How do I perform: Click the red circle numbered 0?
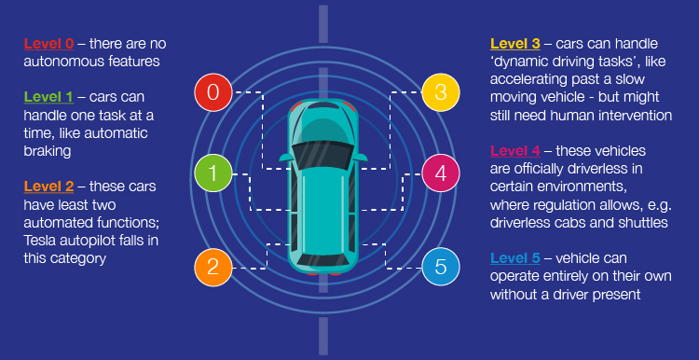pos(213,91)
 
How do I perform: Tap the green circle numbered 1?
pos(213,173)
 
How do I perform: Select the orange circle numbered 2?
pos(213,268)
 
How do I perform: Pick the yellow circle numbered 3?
pos(440,91)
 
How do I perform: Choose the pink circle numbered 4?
pos(440,173)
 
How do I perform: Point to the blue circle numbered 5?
pos(440,268)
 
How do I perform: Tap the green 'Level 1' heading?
pos(48,97)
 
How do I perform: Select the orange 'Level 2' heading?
pos(48,187)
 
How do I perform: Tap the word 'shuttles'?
pos(642,223)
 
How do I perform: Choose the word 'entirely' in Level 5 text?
pos(567,277)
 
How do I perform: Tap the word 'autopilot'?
pos(92,241)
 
